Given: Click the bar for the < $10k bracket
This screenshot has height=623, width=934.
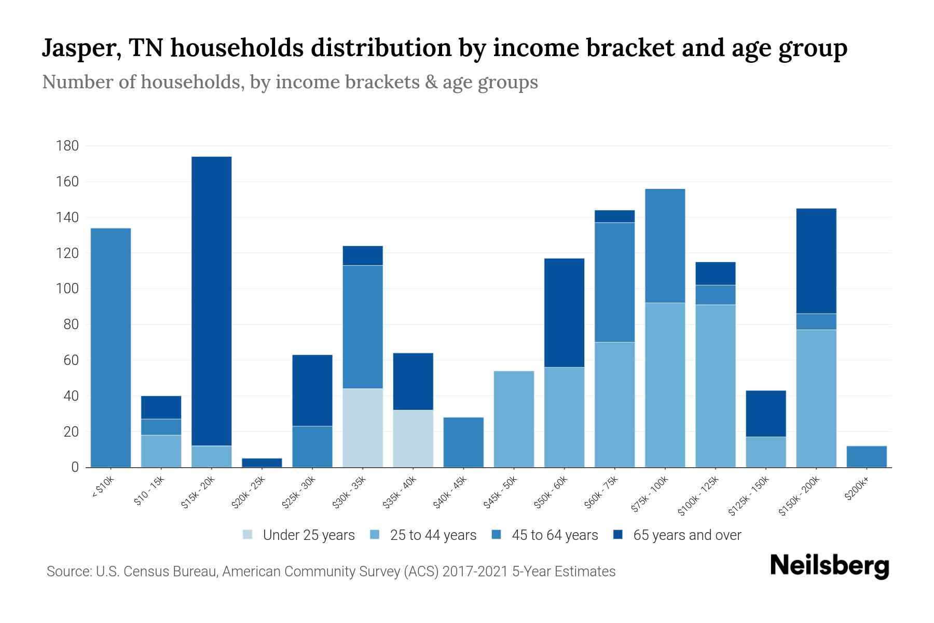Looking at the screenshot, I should pos(111,348).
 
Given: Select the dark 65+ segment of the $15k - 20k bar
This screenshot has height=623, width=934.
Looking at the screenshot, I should pos(211,301).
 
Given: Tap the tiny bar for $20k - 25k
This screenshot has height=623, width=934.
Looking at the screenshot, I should pos(262,463).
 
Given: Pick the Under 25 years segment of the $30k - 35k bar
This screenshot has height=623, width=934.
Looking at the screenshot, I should pos(363,428).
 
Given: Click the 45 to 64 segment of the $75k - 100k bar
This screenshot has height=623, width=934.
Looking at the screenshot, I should pos(665,246).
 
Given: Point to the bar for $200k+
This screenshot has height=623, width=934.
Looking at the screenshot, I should pos(867,456).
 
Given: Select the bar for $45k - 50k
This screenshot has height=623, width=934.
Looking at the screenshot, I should pos(514,419).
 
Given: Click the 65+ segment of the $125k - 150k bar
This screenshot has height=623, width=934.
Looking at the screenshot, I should pos(765,413).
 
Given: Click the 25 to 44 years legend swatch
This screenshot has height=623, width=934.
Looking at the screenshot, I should pos(375,535).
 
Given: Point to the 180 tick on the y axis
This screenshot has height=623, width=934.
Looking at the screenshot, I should pos(67,146).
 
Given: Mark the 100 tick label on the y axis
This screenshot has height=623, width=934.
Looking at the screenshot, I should pos(67,289).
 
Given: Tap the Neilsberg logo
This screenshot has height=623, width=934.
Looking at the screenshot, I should pos(829,566).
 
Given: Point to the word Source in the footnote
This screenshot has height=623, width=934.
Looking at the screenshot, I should pos(68,572).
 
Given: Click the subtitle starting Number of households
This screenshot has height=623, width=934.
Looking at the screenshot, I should pos(290,82).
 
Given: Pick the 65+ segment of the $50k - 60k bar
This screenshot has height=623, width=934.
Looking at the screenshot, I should pos(564,313).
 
